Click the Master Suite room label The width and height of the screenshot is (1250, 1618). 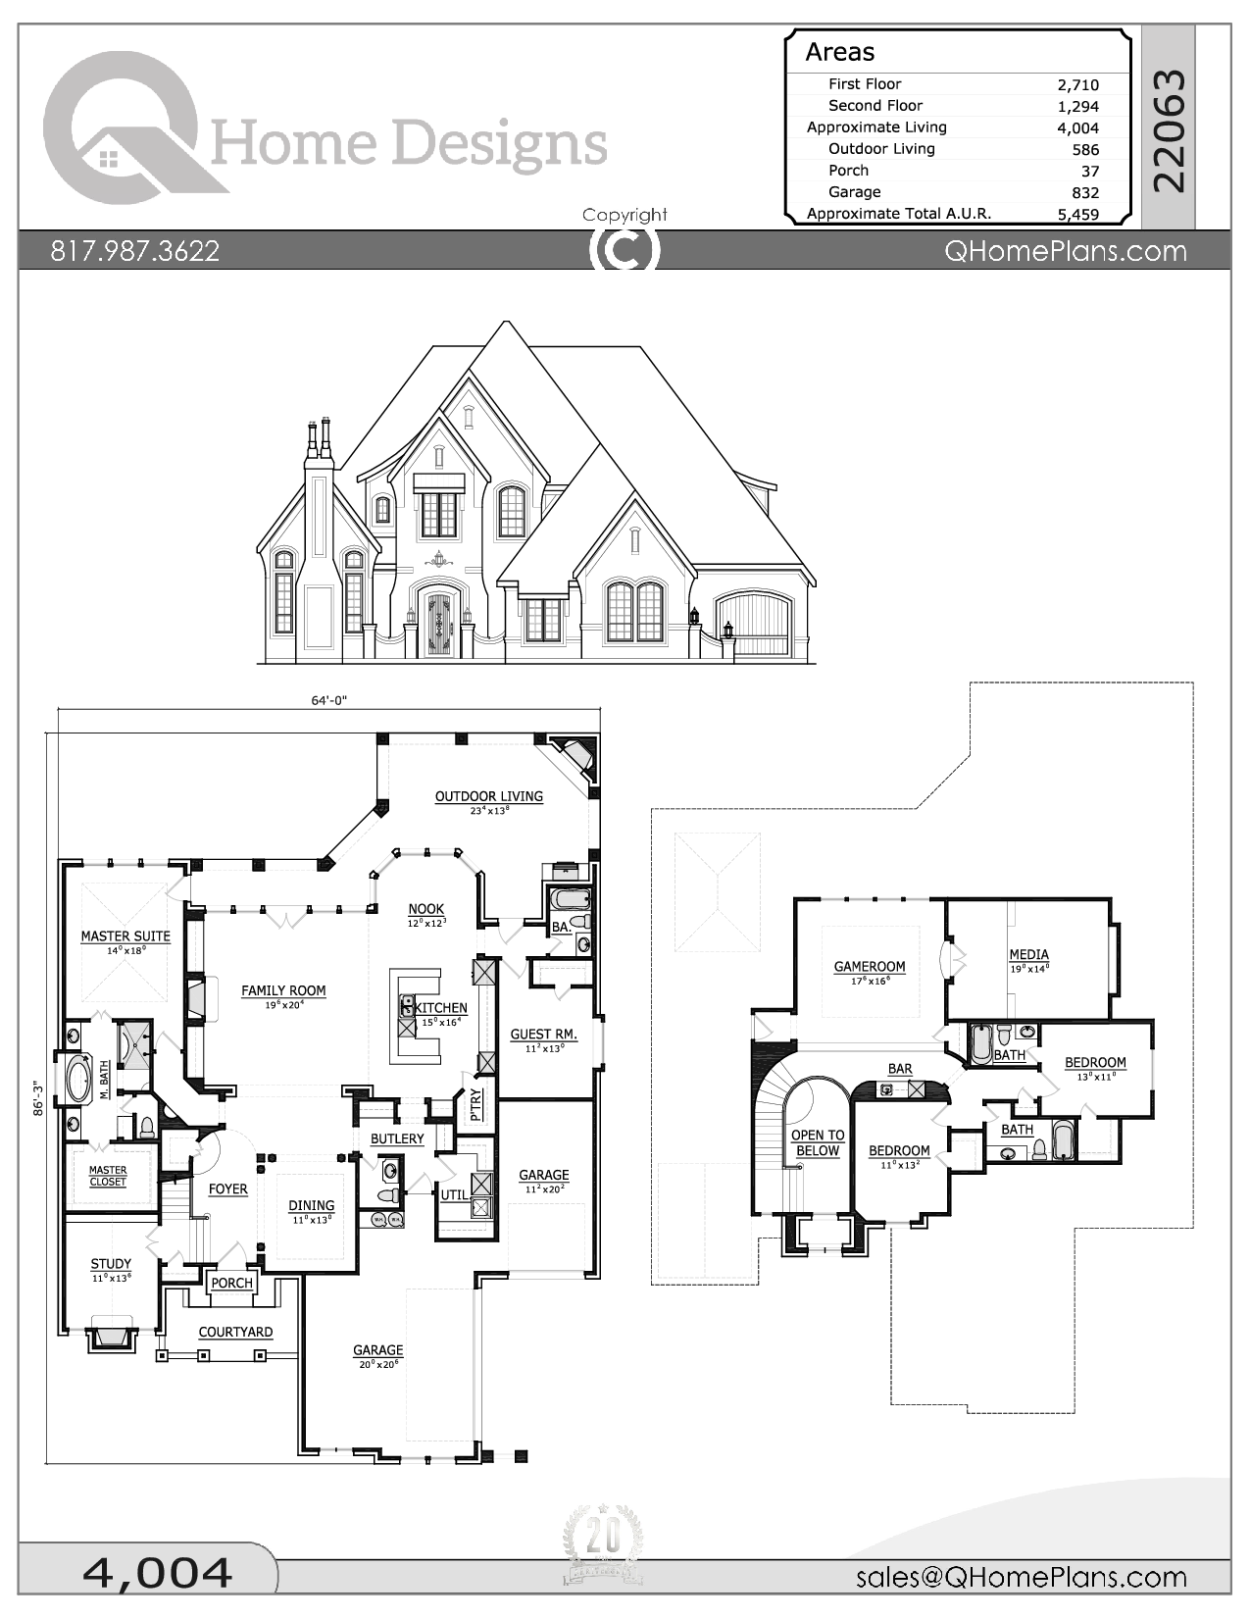coord(125,936)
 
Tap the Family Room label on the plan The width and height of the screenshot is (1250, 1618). coord(283,990)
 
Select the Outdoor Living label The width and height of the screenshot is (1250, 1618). coord(488,796)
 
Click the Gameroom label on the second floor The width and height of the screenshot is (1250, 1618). coord(870,966)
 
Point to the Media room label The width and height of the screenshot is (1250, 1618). coord(1028,954)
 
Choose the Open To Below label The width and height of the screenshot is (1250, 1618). coord(818,1142)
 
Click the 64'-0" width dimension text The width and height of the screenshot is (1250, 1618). coord(329,700)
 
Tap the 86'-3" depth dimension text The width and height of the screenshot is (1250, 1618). coord(37,1098)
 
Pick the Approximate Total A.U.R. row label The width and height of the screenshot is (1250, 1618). coord(898,213)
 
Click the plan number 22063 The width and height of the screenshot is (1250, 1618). coord(1170,129)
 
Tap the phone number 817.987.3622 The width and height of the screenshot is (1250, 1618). coord(135,251)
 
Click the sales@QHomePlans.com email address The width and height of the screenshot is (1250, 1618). coord(1021,1577)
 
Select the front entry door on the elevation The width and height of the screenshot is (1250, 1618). coord(438,624)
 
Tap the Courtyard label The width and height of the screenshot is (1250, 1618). coord(235,1332)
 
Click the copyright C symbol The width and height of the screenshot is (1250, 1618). coord(625,250)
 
